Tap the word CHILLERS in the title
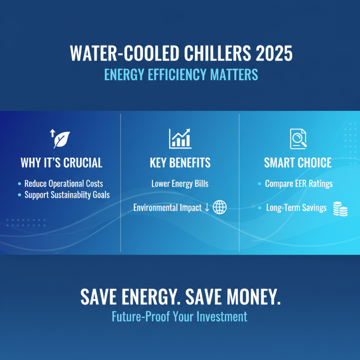coord(210,54)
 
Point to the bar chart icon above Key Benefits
coord(180,139)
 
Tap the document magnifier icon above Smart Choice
coord(298,139)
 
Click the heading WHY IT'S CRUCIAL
coord(61,162)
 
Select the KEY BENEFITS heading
coord(180,162)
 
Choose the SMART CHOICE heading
coord(298,162)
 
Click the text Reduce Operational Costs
coord(63,184)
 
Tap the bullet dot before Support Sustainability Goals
coord(19,195)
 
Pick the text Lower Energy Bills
coord(180,184)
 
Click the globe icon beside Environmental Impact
coord(220,208)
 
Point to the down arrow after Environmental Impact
coord(207,208)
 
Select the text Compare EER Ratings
coord(299,184)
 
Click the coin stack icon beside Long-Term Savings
coord(340,209)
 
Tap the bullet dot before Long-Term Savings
coord(260,208)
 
